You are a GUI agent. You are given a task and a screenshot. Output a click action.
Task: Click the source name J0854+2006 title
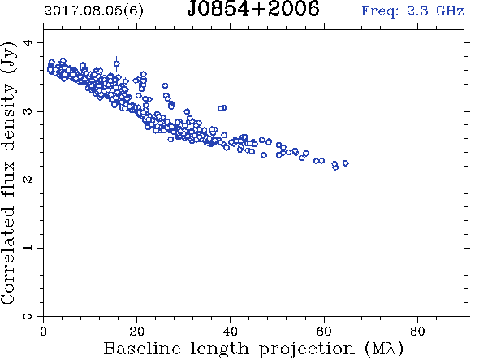pyautogui.click(x=253, y=9)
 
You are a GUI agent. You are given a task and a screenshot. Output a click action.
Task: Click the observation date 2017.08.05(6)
pyautogui.click(x=93, y=11)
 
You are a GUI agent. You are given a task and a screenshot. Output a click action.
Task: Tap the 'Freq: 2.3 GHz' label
pyautogui.click(x=412, y=11)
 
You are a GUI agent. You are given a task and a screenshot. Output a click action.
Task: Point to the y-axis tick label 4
pyautogui.click(x=28, y=42)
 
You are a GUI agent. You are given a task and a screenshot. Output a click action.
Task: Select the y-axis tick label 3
pyautogui.click(x=28, y=111)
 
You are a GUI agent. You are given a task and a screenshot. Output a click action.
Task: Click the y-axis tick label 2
pyautogui.click(x=28, y=180)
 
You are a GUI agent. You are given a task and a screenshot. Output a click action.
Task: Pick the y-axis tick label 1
pyautogui.click(x=28, y=248)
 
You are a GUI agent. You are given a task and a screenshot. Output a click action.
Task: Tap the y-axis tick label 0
pyautogui.click(x=28, y=316)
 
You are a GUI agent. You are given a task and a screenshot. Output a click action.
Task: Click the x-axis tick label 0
pyautogui.click(x=43, y=332)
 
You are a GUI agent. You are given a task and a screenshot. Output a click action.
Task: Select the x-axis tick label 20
pyautogui.click(x=136, y=332)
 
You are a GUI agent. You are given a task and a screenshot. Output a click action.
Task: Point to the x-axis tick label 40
pyautogui.click(x=230, y=332)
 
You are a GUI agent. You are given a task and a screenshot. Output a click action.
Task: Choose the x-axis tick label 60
pyautogui.click(x=323, y=332)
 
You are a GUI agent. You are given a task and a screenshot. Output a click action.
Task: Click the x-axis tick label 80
pyautogui.click(x=417, y=332)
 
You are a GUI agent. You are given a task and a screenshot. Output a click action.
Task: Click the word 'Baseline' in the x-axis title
pyautogui.click(x=142, y=349)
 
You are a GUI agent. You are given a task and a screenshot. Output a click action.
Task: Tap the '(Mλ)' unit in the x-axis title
pyautogui.click(x=384, y=349)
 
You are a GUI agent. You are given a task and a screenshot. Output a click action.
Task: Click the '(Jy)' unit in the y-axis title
pyautogui.click(x=9, y=57)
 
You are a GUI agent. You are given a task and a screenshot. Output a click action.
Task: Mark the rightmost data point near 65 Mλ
pyautogui.click(x=346, y=163)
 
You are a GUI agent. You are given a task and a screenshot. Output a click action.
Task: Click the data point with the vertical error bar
pyautogui.click(x=117, y=63)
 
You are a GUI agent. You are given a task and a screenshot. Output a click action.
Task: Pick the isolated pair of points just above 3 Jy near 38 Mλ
pyautogui.click(x=222, y=108)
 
